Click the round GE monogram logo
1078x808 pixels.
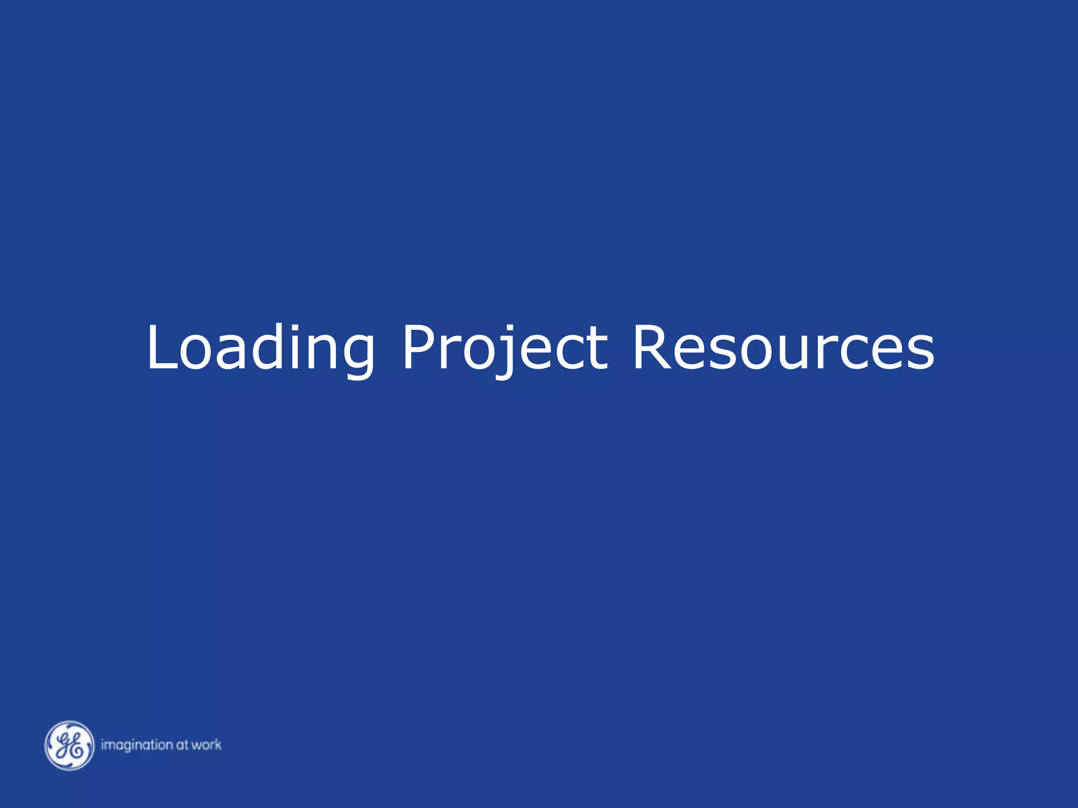(69, 745)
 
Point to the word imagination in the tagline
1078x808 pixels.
(137, 745)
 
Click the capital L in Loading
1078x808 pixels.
(161, 347)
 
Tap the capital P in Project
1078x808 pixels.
(421, 347)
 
